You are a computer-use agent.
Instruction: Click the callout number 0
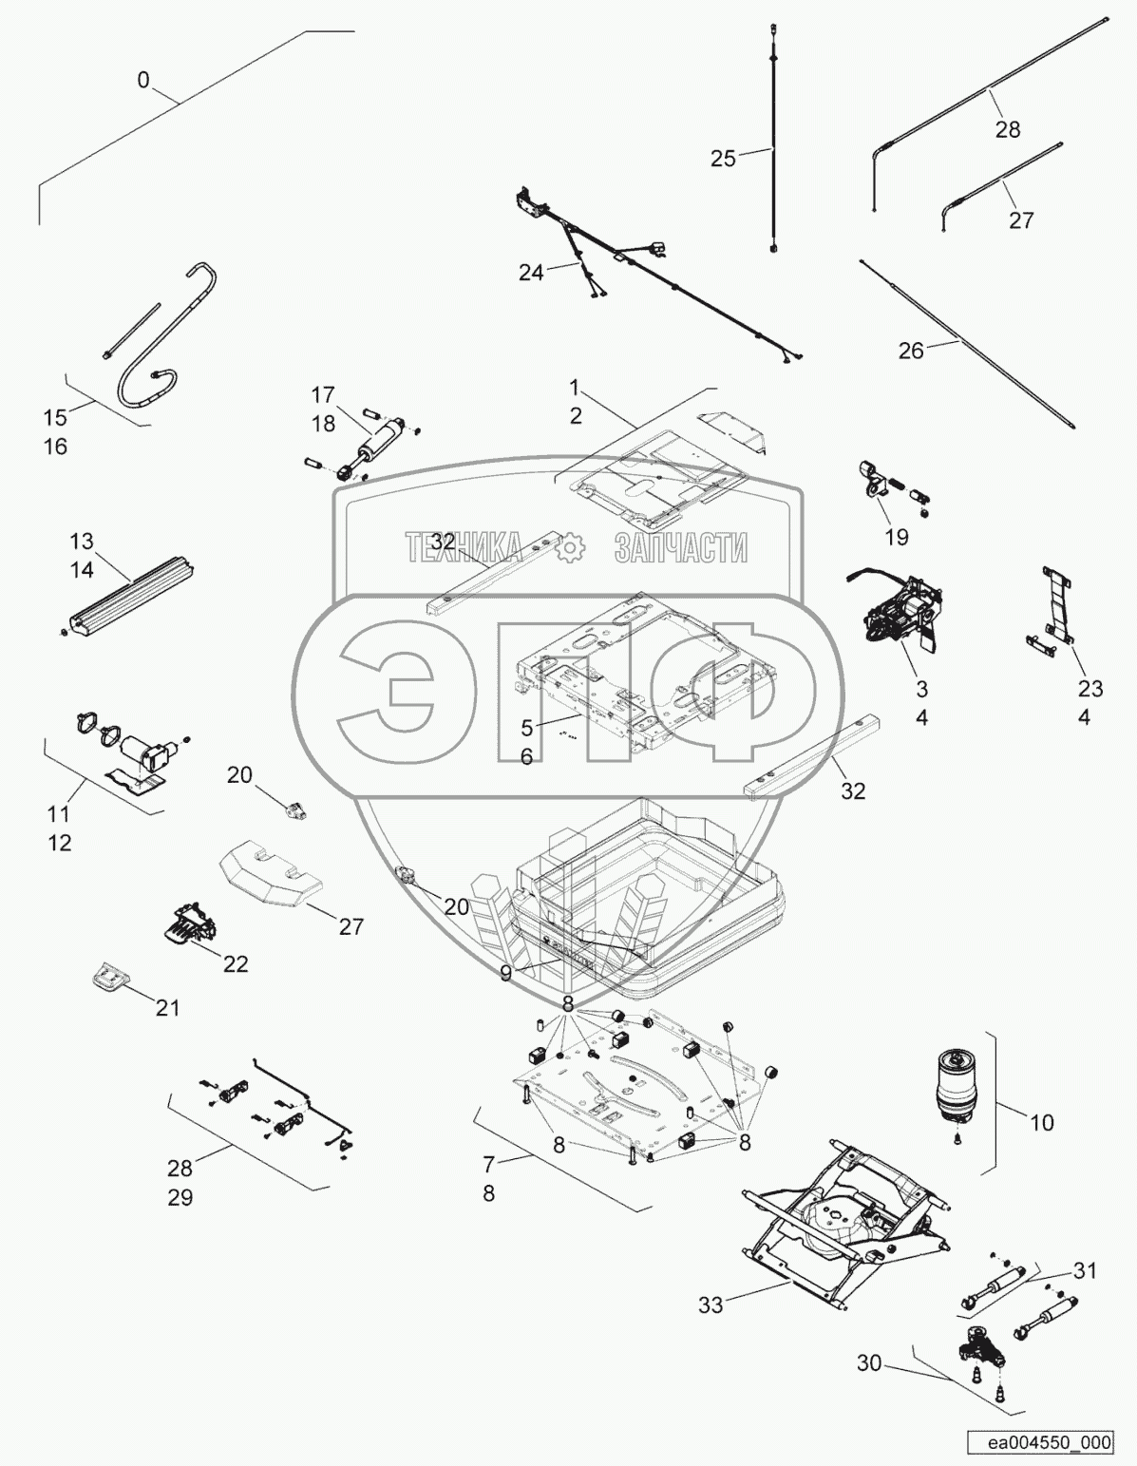coord(143,80)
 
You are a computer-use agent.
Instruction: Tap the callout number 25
coord(723,159)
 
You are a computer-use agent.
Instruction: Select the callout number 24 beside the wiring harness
coord(531,272)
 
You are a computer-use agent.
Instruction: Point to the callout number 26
coord(911,351)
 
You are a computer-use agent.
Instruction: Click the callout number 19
coord(896,538)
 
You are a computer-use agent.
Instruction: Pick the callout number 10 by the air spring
coord(1041,1122)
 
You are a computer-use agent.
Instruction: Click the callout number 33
coord(711,1305)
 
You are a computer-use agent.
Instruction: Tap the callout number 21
coord(167,1008)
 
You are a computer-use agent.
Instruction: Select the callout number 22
coord(235,963)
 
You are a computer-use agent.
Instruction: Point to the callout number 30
coord(868,1364)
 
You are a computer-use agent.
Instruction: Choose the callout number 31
coord(1085,1270)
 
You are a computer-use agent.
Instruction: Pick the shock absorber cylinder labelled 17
coord(379,441)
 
